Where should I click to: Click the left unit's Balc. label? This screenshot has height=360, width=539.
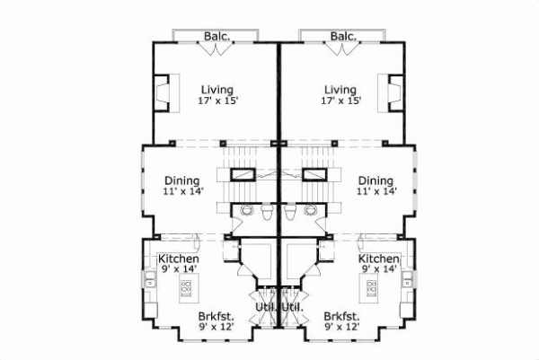click(x=216, y=37)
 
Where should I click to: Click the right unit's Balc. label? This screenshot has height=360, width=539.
click(x=343, y=37)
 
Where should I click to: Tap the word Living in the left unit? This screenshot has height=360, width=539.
click(x=216, y=90)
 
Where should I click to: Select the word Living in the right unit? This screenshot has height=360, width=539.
click(x=340, y=90)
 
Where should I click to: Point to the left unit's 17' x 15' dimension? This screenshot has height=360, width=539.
click(x=216, y=102)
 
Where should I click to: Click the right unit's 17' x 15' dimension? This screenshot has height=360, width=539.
click(x=341, y=102)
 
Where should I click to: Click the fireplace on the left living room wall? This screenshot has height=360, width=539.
click(x=162, y=93)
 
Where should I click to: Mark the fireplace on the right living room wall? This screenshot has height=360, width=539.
click(x=394, y=93)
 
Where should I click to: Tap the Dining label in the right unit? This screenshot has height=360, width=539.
click(x=375, y=180)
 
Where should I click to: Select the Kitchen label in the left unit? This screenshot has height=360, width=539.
click(x=179, y=259)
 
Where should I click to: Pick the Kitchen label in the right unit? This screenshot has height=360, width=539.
click(x=378, y=259)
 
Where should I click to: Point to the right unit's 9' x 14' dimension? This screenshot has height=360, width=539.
click(x=379, y=270)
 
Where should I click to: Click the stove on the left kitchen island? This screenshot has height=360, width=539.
click(x=188, y=288)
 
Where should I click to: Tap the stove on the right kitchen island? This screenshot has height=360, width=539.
click(x=370, y=288)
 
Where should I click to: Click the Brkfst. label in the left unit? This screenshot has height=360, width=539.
click(x=216, y=317)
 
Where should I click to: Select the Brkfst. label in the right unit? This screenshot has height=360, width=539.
click(x=341, y=317)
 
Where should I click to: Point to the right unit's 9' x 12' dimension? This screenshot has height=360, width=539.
click(x=341, y=329)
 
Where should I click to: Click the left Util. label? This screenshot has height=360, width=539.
click(x=264, y=309)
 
